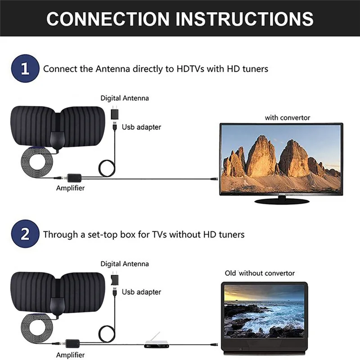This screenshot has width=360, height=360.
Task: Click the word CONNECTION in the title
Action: [x=108, y=18]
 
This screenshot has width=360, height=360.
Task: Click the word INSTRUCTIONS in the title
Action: [x=245, y=18]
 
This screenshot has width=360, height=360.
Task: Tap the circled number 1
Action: [x=25, y=69]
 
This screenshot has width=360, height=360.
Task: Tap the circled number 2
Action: [x=25, y=234]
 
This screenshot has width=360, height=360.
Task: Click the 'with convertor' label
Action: [x=287, y=117]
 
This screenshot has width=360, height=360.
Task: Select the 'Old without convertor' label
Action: [x=260, y=273]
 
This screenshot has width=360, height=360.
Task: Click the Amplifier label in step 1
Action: [x=70, y=188]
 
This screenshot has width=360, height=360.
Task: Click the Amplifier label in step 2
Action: [x=70, y=355]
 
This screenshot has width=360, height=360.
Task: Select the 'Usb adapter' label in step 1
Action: [x=141, y=127]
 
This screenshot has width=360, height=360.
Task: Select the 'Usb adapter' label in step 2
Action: [x=141, y=292]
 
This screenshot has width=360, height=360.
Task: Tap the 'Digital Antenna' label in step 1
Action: [x=124, y=98]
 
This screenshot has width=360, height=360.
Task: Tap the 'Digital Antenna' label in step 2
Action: [x=124, y=264]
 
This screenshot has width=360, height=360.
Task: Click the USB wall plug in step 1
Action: [x=114, y=113]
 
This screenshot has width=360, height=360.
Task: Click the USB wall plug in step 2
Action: [x=114, y=279]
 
